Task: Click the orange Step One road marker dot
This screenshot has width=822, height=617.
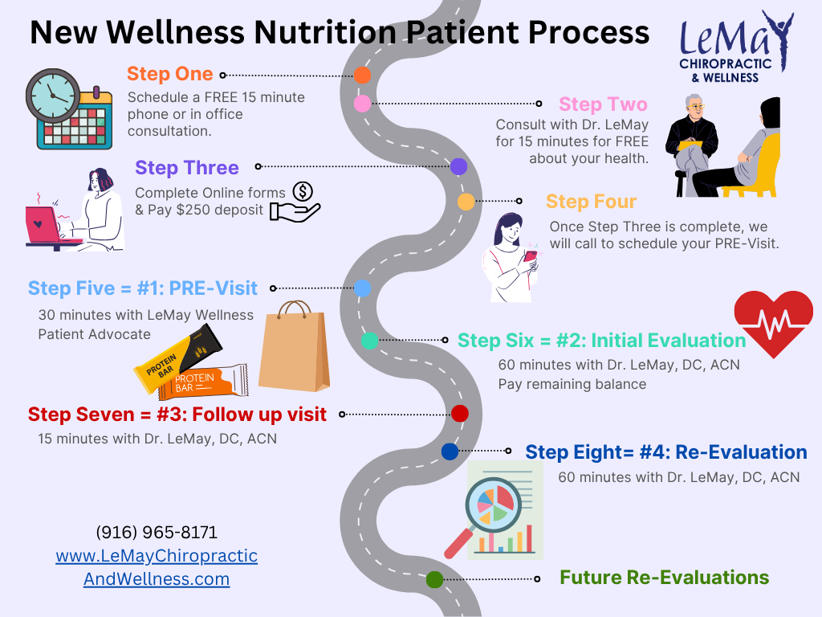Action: coord(362,76)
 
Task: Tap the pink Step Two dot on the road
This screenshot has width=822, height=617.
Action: coord(362,104)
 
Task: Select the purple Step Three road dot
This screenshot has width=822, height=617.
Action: coord(458,166)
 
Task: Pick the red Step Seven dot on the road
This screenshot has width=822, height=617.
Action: coord(459,414)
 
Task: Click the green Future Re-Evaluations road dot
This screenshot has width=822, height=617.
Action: coord(434,578)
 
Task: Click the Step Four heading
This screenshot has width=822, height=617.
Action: coord(591,201)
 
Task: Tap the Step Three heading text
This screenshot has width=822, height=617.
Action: coord(187,168)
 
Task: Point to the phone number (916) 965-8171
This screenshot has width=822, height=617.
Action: coord(157,533)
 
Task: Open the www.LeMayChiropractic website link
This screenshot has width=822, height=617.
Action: coord(157,556)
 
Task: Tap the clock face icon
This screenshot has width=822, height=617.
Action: coord(53,94)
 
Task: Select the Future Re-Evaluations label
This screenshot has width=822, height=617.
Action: coord(664,578)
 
